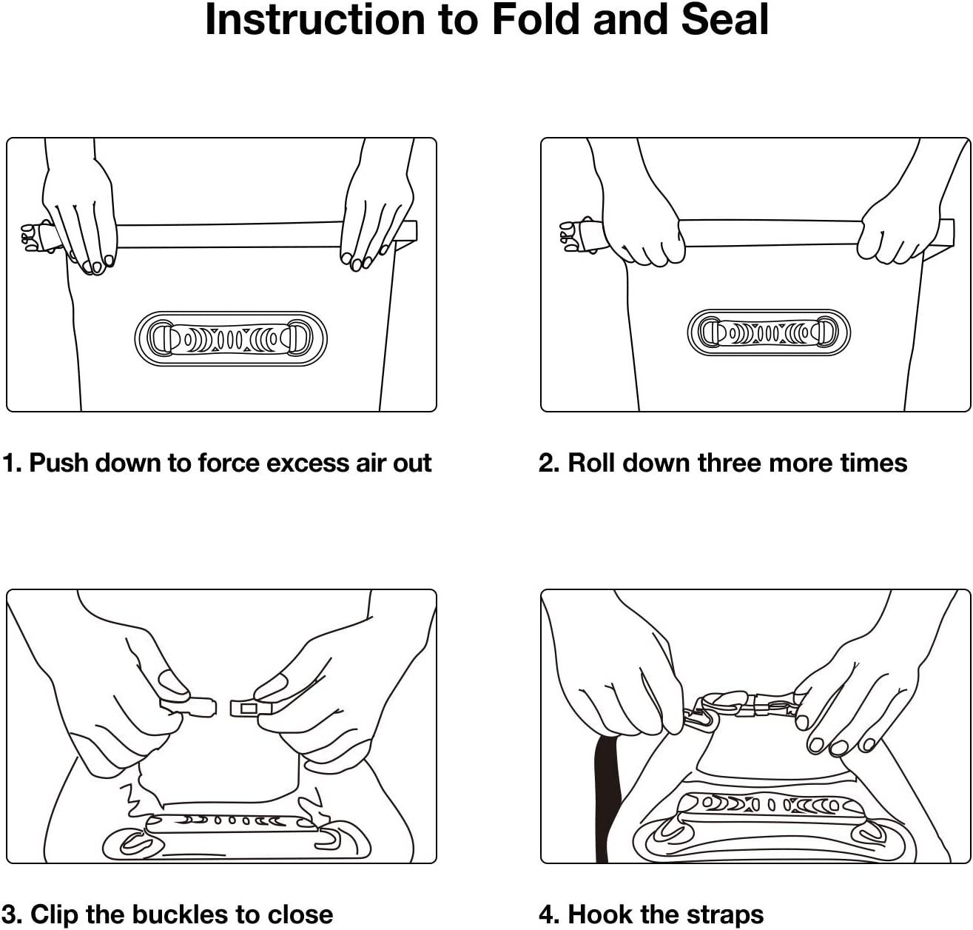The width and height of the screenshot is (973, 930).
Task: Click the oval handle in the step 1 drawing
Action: point(231,339)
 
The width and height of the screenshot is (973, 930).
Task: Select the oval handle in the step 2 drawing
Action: point(769,332)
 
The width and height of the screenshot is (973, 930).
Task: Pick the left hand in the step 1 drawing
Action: point(80,215)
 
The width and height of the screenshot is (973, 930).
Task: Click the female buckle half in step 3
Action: point(250,709)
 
